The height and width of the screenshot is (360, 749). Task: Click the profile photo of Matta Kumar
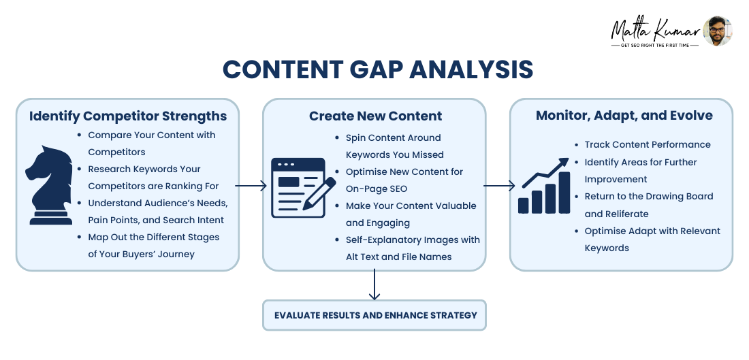point(718,31)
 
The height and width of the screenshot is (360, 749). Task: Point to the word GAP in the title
point(375,69)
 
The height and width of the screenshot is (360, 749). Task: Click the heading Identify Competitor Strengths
point(128,116)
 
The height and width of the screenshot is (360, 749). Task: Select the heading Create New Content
point(375,116)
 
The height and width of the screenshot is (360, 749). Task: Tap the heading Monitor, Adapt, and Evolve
point(624,116)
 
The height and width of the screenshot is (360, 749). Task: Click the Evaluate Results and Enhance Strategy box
point(374,315)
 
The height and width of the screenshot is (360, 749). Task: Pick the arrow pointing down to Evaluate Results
point(374,284)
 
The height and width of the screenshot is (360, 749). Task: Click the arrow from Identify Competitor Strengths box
point(251,186)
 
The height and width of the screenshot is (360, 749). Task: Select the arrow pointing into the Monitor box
point(499,186)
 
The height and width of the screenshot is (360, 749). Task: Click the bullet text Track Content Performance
point(648,145)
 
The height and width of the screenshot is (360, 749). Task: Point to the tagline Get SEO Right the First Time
point(655,46)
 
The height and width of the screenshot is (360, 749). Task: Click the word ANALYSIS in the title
point(471,69)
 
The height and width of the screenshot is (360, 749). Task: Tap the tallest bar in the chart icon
point(564,193)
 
